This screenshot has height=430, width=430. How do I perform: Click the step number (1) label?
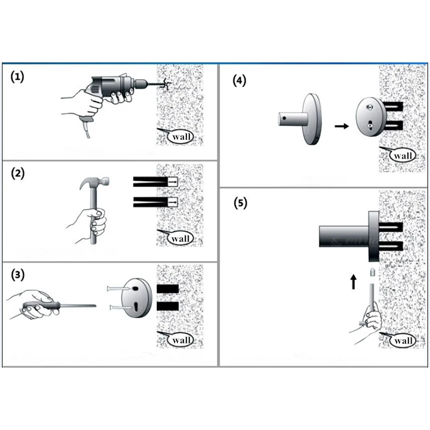(x=18, y=77)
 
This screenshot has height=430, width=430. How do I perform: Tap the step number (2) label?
(x=18, y=174)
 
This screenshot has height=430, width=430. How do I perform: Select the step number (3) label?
(x=18, y=275)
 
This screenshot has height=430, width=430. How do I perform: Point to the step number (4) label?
(x=239, y=81)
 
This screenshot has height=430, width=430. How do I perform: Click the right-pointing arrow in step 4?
(x=340, y=126)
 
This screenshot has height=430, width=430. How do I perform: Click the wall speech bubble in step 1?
(x=180, y=137)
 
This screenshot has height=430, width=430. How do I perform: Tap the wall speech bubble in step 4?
(x=402, y=156)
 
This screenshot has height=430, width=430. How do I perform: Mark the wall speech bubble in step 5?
(x=402, y=340)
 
